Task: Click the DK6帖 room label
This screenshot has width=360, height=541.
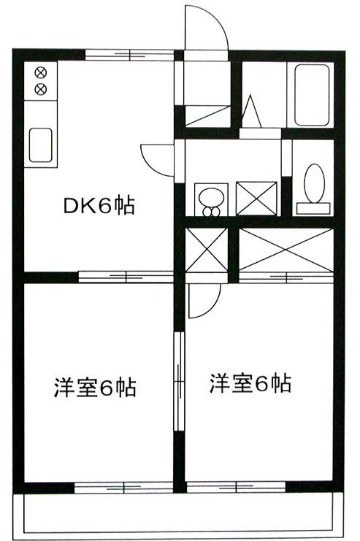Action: point(99,206)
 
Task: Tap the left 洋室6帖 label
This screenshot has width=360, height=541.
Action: point(95,388)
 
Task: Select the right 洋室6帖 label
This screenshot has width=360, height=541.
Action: point(250,383)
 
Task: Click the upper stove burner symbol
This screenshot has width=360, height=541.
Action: point(41,73)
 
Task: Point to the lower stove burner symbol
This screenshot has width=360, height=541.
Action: point(41,89)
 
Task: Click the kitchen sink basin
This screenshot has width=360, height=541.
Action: point(41,145)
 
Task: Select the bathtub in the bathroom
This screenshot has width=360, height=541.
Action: point(311,95)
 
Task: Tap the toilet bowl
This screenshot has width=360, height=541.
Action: point(314,183)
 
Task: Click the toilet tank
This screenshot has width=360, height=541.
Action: point(313,209)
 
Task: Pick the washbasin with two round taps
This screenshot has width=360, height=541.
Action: point(211,199)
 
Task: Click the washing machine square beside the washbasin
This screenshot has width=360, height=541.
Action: point(256,199)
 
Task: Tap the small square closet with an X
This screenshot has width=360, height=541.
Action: point(207,250)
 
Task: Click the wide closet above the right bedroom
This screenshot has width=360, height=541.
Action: point(286,250)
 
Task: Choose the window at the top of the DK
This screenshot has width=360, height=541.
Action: point(129,55)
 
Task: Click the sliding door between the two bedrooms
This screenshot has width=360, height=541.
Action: point(179,382)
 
